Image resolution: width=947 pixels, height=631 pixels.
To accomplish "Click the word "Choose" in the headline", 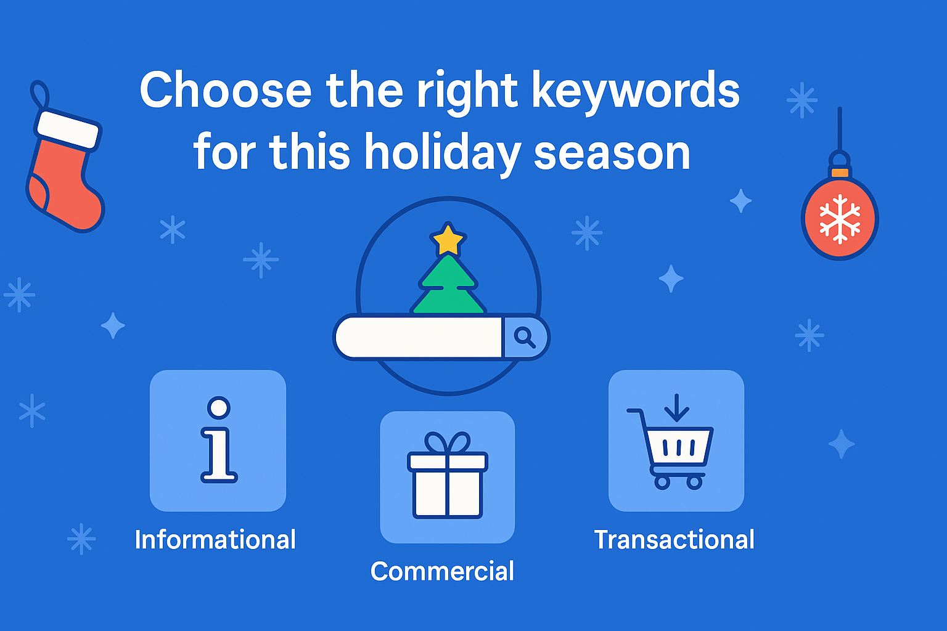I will pyautogui.click(x=226, y=91).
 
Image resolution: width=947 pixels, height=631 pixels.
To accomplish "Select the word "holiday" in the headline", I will pyautogui.click(x=443, y=153).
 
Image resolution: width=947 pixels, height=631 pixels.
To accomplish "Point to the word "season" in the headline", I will pyautogui.click(x=612, y=153).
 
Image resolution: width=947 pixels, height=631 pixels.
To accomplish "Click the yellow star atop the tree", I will pyautogui.click(x=448, y=240).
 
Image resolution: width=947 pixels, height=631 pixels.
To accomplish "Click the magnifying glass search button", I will pyautogui.click(x=525, y=337).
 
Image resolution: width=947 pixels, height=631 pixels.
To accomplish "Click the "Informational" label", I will pyautogui.click(x=215, y=540).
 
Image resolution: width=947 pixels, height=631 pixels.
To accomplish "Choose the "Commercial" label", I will pyautogui.click(x=442, y=571).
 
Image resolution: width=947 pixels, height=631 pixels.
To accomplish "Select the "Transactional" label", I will pyautogui.click(x=674, y=540).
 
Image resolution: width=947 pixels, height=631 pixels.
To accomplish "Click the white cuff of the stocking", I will pyautogui.click(x=68, y=129).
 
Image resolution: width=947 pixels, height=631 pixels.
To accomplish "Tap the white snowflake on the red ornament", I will pyautogui.click(x=840, y=219).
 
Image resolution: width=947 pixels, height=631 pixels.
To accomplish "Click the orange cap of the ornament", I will pyautogui.click(x=840, y=172).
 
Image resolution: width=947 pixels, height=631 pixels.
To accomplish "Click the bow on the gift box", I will pyautogui.click(x=448, y=442).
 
